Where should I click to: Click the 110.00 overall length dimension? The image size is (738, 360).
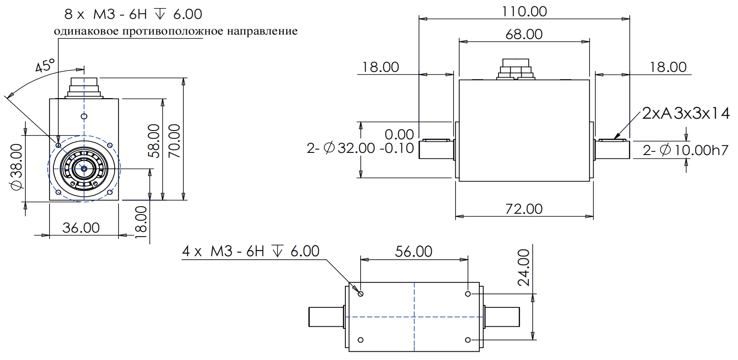click(x=524, y=11)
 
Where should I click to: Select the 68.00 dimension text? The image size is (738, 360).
click(x=524, y=34)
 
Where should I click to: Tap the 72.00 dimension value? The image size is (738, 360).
click(x=524, y=209)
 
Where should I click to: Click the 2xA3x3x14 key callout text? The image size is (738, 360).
click(x=686, y=114)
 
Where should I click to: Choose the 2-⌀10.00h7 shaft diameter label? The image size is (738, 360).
click(x=685, y=150)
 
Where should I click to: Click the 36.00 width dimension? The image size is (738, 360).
click(x=81, y=228)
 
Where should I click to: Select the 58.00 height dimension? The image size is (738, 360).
click(x=154, y=141)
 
